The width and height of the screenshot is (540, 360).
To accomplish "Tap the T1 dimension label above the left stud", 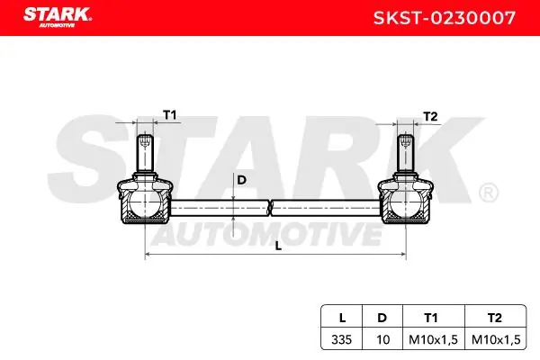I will coord(169,115).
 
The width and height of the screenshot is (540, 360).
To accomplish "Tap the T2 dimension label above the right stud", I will coord(429,116).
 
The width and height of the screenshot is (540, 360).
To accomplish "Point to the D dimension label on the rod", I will coord(240,180).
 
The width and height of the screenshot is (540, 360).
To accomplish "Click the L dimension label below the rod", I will coord(278,244).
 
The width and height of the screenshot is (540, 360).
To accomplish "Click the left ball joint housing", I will coord(144,202).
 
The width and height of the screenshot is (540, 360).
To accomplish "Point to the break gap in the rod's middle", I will coord(269,209).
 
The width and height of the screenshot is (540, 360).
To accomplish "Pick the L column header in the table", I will coord(341,318).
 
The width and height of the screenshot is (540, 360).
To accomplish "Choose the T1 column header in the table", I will coord(432,318).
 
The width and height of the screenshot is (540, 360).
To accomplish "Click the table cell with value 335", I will coord(341,339).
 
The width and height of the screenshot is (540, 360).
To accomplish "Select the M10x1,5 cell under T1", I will coord(432,339).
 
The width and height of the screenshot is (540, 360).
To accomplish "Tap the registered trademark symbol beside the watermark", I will coord(487,193).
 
